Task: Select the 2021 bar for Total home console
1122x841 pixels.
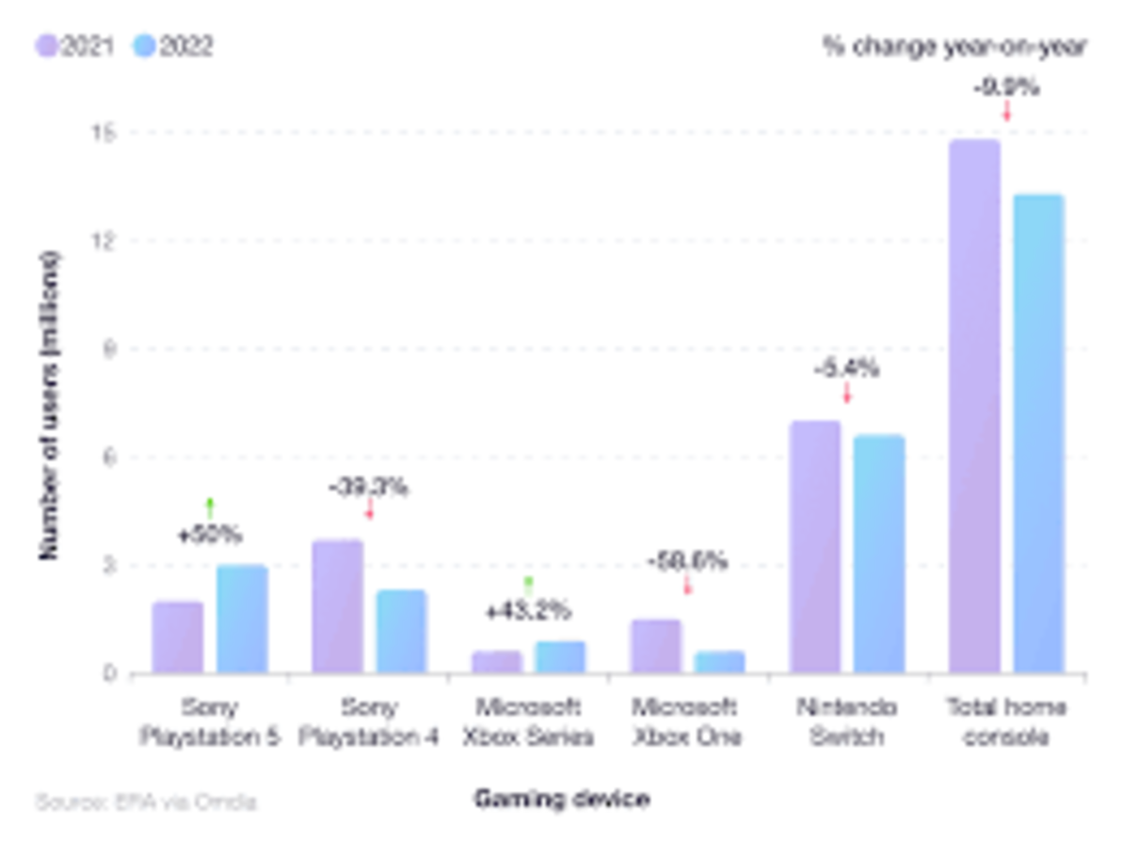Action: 975,406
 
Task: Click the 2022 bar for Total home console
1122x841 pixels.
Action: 1038,433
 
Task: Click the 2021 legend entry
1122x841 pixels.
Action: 74,46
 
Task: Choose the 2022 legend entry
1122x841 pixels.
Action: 173,46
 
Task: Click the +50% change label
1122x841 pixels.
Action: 210,535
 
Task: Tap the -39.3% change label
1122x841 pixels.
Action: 368,488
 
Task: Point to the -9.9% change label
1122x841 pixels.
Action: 1006,89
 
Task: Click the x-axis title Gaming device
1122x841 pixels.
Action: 561,800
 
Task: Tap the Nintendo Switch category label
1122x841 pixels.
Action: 846,720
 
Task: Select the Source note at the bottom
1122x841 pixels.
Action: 146,802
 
